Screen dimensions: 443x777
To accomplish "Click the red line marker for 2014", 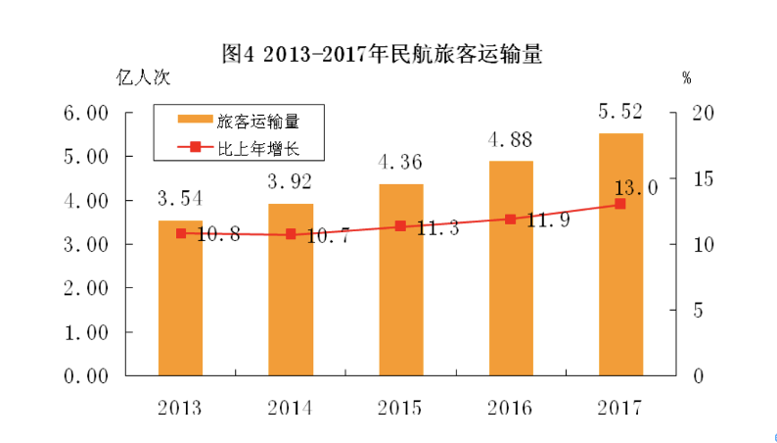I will point(291,235).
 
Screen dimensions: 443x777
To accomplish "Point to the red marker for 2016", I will point(511,220).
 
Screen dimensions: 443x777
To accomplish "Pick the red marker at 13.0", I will point(620,204).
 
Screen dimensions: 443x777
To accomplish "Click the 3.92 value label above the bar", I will point(291,180).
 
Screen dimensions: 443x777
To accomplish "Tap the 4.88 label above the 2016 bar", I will point(511,138).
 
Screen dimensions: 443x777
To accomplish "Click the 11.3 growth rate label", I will point(429,227).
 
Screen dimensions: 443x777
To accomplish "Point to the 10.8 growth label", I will point(208,235).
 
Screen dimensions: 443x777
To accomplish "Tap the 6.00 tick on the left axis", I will point(84,114).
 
